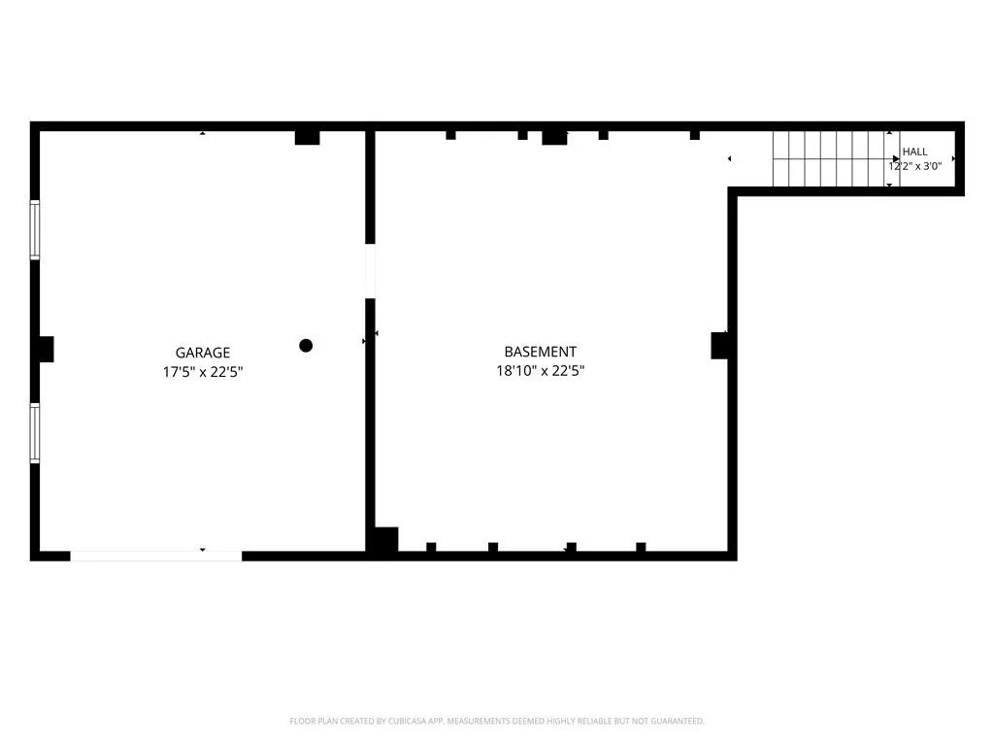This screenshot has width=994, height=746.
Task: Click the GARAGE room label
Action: click(x=203, y=353)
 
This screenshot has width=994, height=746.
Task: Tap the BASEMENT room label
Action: click(x=540, y=352)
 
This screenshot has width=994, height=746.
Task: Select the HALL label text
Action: click(x=914, y=152)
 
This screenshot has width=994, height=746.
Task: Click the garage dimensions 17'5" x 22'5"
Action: click(x=203, y=372)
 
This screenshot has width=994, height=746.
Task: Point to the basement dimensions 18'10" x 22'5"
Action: click(x=540, y=370)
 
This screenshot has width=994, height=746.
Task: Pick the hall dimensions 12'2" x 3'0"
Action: click(x=914, y=166)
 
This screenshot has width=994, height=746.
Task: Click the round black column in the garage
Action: click(x=306, y=346)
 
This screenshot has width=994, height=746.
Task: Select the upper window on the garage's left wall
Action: click(x=35, y=229)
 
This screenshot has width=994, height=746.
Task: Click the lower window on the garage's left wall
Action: click(x=35, y=432)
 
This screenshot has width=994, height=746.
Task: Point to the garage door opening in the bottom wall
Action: click(x=156, y=557)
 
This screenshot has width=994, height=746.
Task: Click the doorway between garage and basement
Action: click(x=370, y=271)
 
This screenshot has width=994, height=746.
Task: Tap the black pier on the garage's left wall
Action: click(x=47, y=349)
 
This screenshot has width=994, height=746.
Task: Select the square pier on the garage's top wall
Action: click(x=308, y=138)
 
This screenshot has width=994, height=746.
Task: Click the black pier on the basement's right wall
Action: click(x=719, y=345)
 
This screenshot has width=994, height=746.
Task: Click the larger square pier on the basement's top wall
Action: click(x=554, y=138)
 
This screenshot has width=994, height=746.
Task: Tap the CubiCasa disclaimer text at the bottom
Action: click(x=497, y=721)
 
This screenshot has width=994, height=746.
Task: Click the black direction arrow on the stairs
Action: click(x=896, y=158)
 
